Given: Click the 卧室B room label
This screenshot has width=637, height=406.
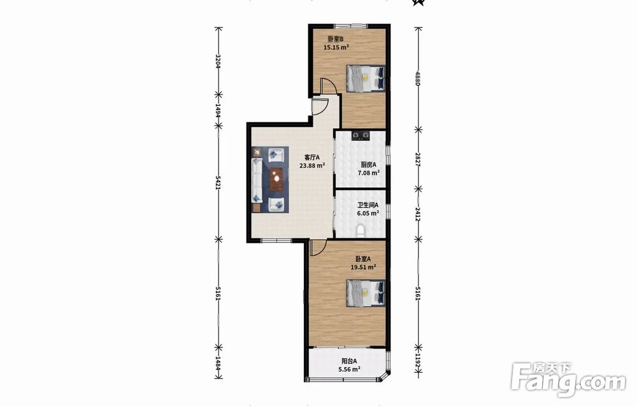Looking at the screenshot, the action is pos(336,40).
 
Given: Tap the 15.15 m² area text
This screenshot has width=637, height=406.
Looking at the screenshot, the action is pos(336,47).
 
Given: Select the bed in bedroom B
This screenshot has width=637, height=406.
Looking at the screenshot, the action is pos(365,78).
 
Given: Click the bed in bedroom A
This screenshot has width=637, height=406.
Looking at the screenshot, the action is pos(365,293).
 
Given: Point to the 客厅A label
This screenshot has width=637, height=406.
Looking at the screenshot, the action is pos(312,157).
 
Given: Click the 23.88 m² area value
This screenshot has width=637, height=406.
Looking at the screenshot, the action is pos(312,166).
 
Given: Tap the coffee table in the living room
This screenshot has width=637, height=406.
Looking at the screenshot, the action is pos(276,179).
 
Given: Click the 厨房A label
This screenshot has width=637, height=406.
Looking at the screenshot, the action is pos(368,164).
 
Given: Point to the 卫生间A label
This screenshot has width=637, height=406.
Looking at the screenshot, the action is pos(368,205).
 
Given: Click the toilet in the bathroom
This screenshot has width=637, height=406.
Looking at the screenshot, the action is pos(360,231).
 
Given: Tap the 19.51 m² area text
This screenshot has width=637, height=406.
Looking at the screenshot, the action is pos(363,267).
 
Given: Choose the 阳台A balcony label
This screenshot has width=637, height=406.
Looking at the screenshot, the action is pos(349,361).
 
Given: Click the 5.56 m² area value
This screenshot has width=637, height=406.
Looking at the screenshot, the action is pos(349,370).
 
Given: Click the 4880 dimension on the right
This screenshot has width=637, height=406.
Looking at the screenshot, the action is pos(418,78).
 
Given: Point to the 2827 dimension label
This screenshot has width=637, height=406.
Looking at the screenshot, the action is pos(418,159).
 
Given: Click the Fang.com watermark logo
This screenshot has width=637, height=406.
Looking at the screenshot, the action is pos(568,380).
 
